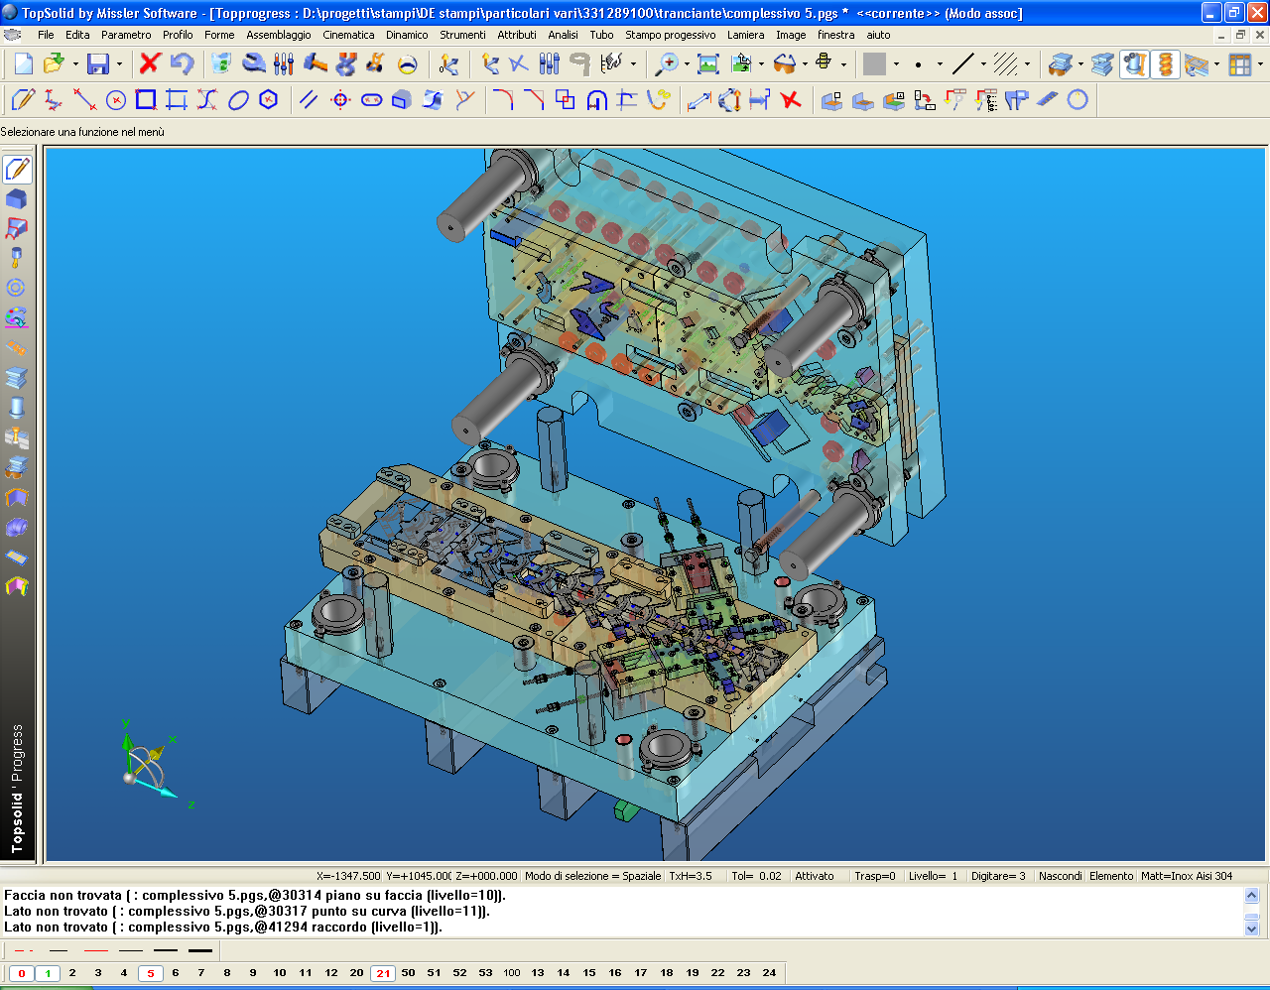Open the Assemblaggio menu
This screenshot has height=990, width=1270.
tap(278, 35)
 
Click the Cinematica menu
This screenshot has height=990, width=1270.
tap(348, 35)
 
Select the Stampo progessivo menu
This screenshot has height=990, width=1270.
tap(670, 35)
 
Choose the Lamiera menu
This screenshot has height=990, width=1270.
tap(745, 35)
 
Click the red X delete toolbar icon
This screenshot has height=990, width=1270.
tap(150, 63)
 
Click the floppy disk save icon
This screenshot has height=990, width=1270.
tap(98, 64)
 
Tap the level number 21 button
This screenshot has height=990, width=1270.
tap(383, 973)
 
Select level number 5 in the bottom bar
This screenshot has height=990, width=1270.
tap(151, 973)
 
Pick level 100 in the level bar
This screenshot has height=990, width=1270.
tap(511, 973)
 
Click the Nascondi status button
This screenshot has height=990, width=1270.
tap(1060, 876)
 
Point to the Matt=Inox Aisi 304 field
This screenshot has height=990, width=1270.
tap(1186, 876)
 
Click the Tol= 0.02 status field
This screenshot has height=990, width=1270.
tap(756, 876)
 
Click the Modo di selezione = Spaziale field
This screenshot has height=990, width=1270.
tap(592, 876)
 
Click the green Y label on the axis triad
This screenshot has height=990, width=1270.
tap(126, 724)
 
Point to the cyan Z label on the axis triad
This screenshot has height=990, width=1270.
tap(190, 804)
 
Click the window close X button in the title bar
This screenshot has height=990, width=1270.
tap(1256, 13)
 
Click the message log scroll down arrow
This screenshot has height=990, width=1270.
tap(1251, 928)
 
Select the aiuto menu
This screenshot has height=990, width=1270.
tap(878, 35)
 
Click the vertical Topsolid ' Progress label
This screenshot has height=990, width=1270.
tap(17, 789)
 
